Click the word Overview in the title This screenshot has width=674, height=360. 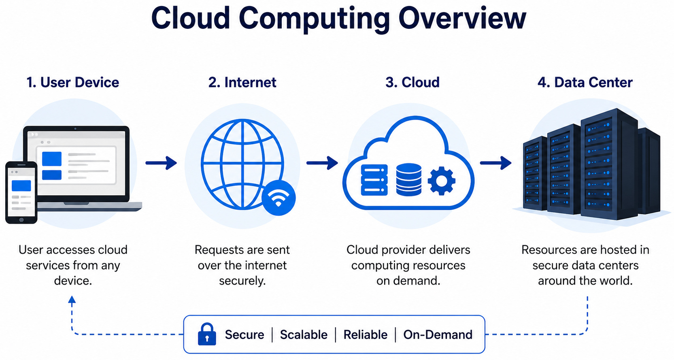(462, 18)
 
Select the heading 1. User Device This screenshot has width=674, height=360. (73, 83)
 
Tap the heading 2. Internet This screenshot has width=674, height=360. (242, 83)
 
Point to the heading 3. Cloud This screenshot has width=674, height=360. (412, 83)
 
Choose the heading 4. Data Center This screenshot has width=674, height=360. (585, 83)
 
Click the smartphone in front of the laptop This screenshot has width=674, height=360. (21, 193)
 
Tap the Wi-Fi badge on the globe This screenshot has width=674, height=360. (279, 198)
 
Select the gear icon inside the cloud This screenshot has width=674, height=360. (441, 181)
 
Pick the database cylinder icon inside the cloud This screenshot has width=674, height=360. (408, 180)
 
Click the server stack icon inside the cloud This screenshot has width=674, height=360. (374, 180)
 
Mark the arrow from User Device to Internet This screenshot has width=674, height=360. (161, 163)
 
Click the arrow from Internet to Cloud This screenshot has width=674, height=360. (322, 163)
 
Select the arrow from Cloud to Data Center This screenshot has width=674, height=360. (495, 163)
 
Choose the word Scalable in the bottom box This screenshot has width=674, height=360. (304, 335)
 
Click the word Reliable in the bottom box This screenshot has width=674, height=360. (365, 335)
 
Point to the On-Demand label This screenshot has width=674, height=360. (438, 335)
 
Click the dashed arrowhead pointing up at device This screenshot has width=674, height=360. (72, 299)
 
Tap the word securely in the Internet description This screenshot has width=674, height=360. (242, 281)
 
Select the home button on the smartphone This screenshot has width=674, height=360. (21, 220)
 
